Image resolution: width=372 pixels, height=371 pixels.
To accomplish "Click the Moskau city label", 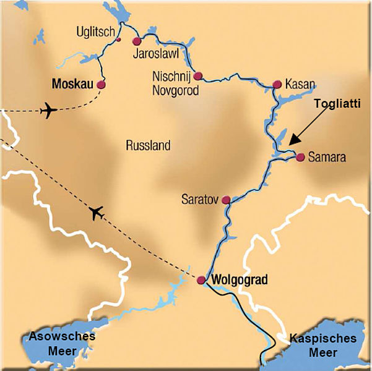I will click(72, 83).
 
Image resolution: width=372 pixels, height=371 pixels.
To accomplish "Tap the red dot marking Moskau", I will click(101, 85).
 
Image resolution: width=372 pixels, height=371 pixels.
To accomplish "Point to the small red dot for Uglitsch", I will click(118, 40).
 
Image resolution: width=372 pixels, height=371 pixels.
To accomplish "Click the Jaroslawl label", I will click(156, 53).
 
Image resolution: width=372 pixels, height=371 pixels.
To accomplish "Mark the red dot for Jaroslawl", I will click(137, 41).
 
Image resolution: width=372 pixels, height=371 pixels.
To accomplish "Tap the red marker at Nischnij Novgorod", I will click(197, 76).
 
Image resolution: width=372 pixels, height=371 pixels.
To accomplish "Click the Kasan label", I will click(301, 84).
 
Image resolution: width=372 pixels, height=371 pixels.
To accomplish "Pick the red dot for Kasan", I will click(277, 85).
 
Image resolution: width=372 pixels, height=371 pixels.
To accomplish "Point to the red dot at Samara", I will click(300, 157).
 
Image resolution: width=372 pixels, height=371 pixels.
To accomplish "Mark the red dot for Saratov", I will click(226, 200).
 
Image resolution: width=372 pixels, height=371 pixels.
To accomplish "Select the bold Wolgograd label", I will click(240, 280).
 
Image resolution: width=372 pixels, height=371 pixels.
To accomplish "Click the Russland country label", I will click(147, 146).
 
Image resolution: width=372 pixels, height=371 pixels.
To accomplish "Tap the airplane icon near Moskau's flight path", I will click(48, 111).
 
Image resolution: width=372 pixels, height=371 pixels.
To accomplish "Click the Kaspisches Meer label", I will click(322, 345).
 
